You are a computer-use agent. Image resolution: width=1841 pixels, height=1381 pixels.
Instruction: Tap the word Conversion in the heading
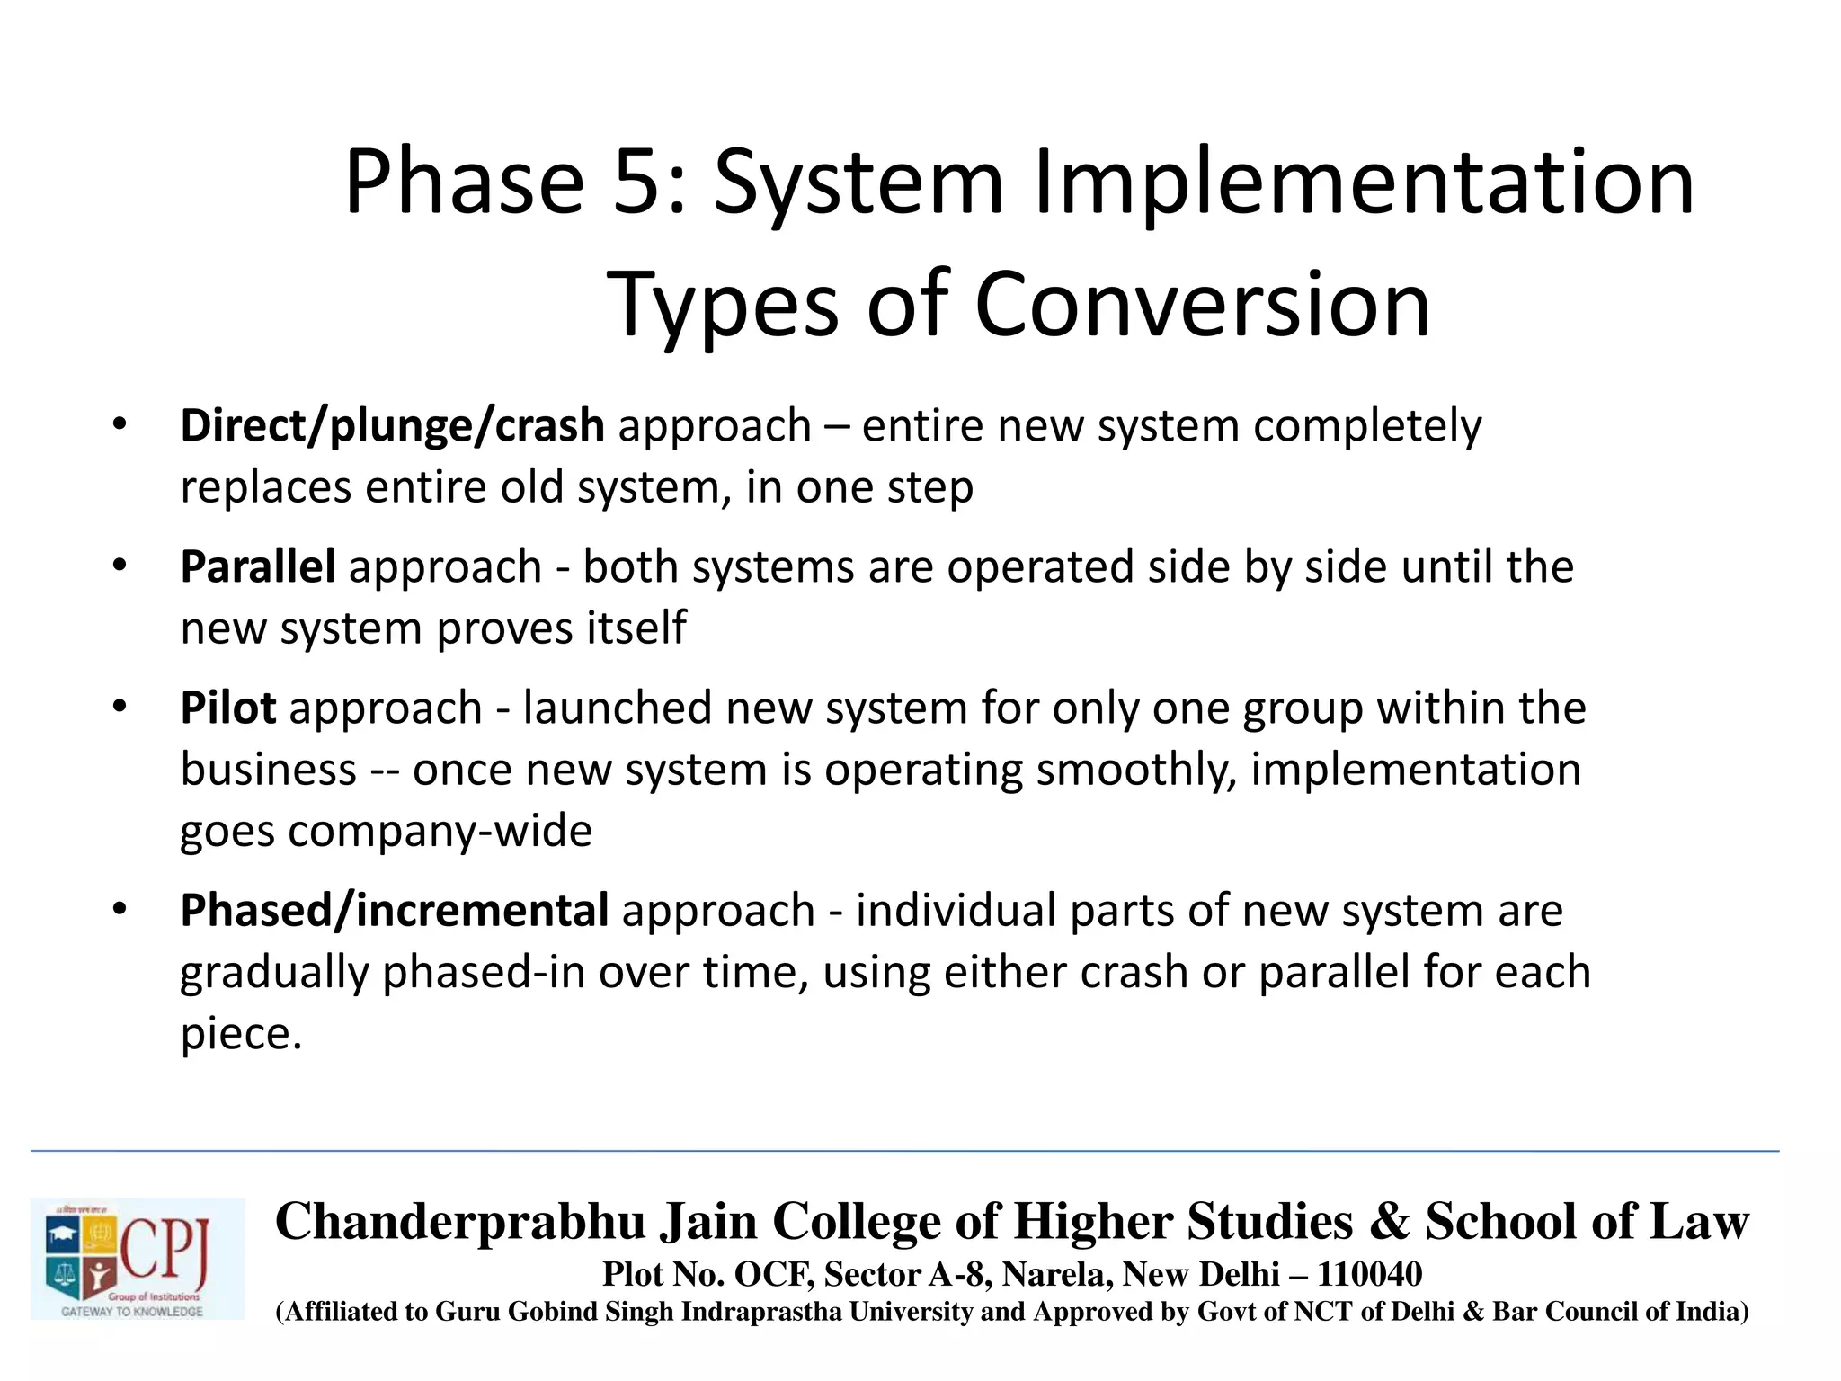point(1202,306)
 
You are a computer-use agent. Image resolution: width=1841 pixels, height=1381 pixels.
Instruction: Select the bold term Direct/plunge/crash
point(392,425)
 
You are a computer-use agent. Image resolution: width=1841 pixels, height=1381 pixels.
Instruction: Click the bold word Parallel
point(258,566)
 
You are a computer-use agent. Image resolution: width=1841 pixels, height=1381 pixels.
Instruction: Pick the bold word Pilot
point(227,708)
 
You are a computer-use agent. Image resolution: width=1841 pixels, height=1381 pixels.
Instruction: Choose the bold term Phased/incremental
point(394,910)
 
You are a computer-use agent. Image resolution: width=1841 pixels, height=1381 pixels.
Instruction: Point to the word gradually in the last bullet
point(274,973)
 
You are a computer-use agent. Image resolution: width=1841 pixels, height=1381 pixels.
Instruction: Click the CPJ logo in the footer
point(138,1258)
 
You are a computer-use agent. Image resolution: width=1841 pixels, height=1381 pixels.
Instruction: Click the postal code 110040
point(1369,1274)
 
